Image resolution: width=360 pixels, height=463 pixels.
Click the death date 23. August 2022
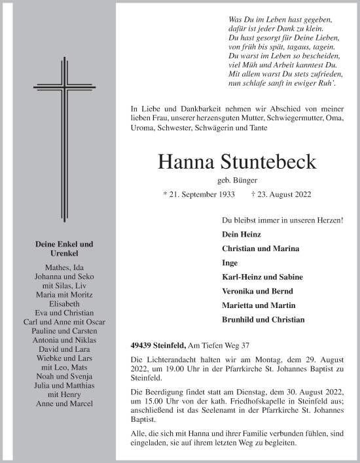pos(281,194)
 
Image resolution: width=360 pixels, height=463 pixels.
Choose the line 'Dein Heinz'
pos(241,234)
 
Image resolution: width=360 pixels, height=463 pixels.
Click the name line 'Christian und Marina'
pos(261,249)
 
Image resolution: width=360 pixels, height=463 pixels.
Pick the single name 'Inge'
pos(230,263)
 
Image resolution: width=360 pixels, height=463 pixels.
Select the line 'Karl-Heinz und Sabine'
pos(262,277)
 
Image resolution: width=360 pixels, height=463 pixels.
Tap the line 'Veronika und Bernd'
pos(257,292)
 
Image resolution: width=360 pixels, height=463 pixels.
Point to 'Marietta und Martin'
pos(259,305)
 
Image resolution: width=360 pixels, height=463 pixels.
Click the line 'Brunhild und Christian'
pos(263,320)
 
